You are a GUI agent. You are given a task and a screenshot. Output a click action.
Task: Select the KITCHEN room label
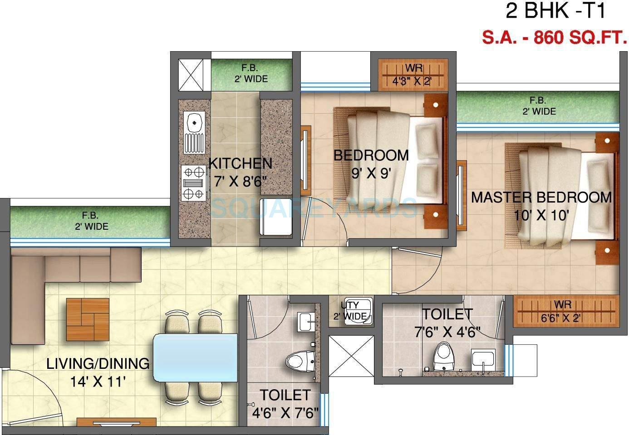(240, 164)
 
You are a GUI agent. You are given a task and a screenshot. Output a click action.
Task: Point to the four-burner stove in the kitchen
(193, 183)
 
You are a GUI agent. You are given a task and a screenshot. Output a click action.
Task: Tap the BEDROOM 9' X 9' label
(371, 164)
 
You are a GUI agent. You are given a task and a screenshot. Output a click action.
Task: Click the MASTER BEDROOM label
(541, 198)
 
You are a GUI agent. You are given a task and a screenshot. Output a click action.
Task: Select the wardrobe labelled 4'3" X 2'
(413, 75)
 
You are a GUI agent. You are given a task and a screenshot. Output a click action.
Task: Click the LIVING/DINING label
(98, 363)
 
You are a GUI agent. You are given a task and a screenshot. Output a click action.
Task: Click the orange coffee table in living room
(88, 319)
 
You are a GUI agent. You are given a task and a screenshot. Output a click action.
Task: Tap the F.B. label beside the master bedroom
(538, 106)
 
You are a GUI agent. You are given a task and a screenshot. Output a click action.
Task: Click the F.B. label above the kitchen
(251, 73)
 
